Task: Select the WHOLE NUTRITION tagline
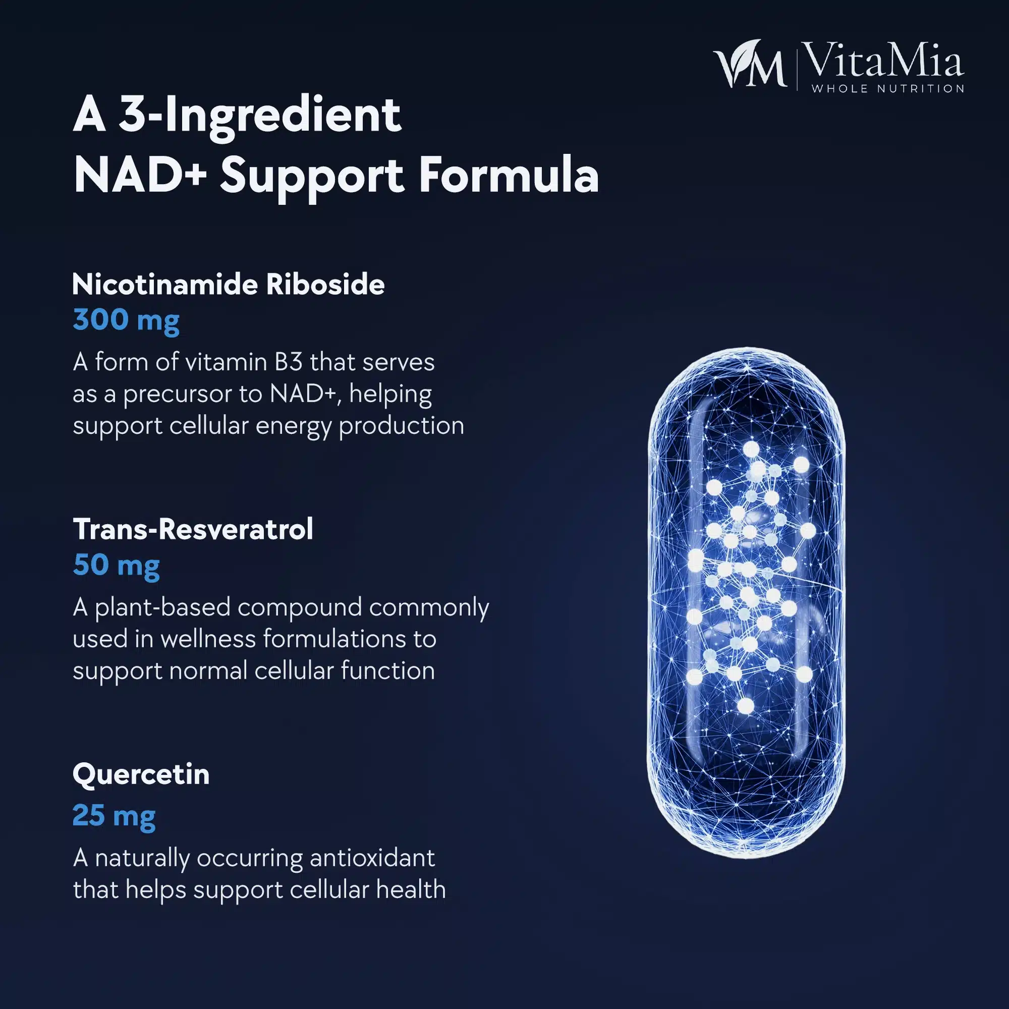point(888,89)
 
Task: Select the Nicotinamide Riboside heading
point(228,285)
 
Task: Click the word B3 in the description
point(288,362)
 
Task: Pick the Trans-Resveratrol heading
point(193,529)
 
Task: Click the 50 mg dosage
point(116,566)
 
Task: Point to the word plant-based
point(162,607)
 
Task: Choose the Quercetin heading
point(141,774)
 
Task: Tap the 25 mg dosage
point(114,815)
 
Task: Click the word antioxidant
point(372,858)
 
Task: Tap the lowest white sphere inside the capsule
point(745,706)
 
